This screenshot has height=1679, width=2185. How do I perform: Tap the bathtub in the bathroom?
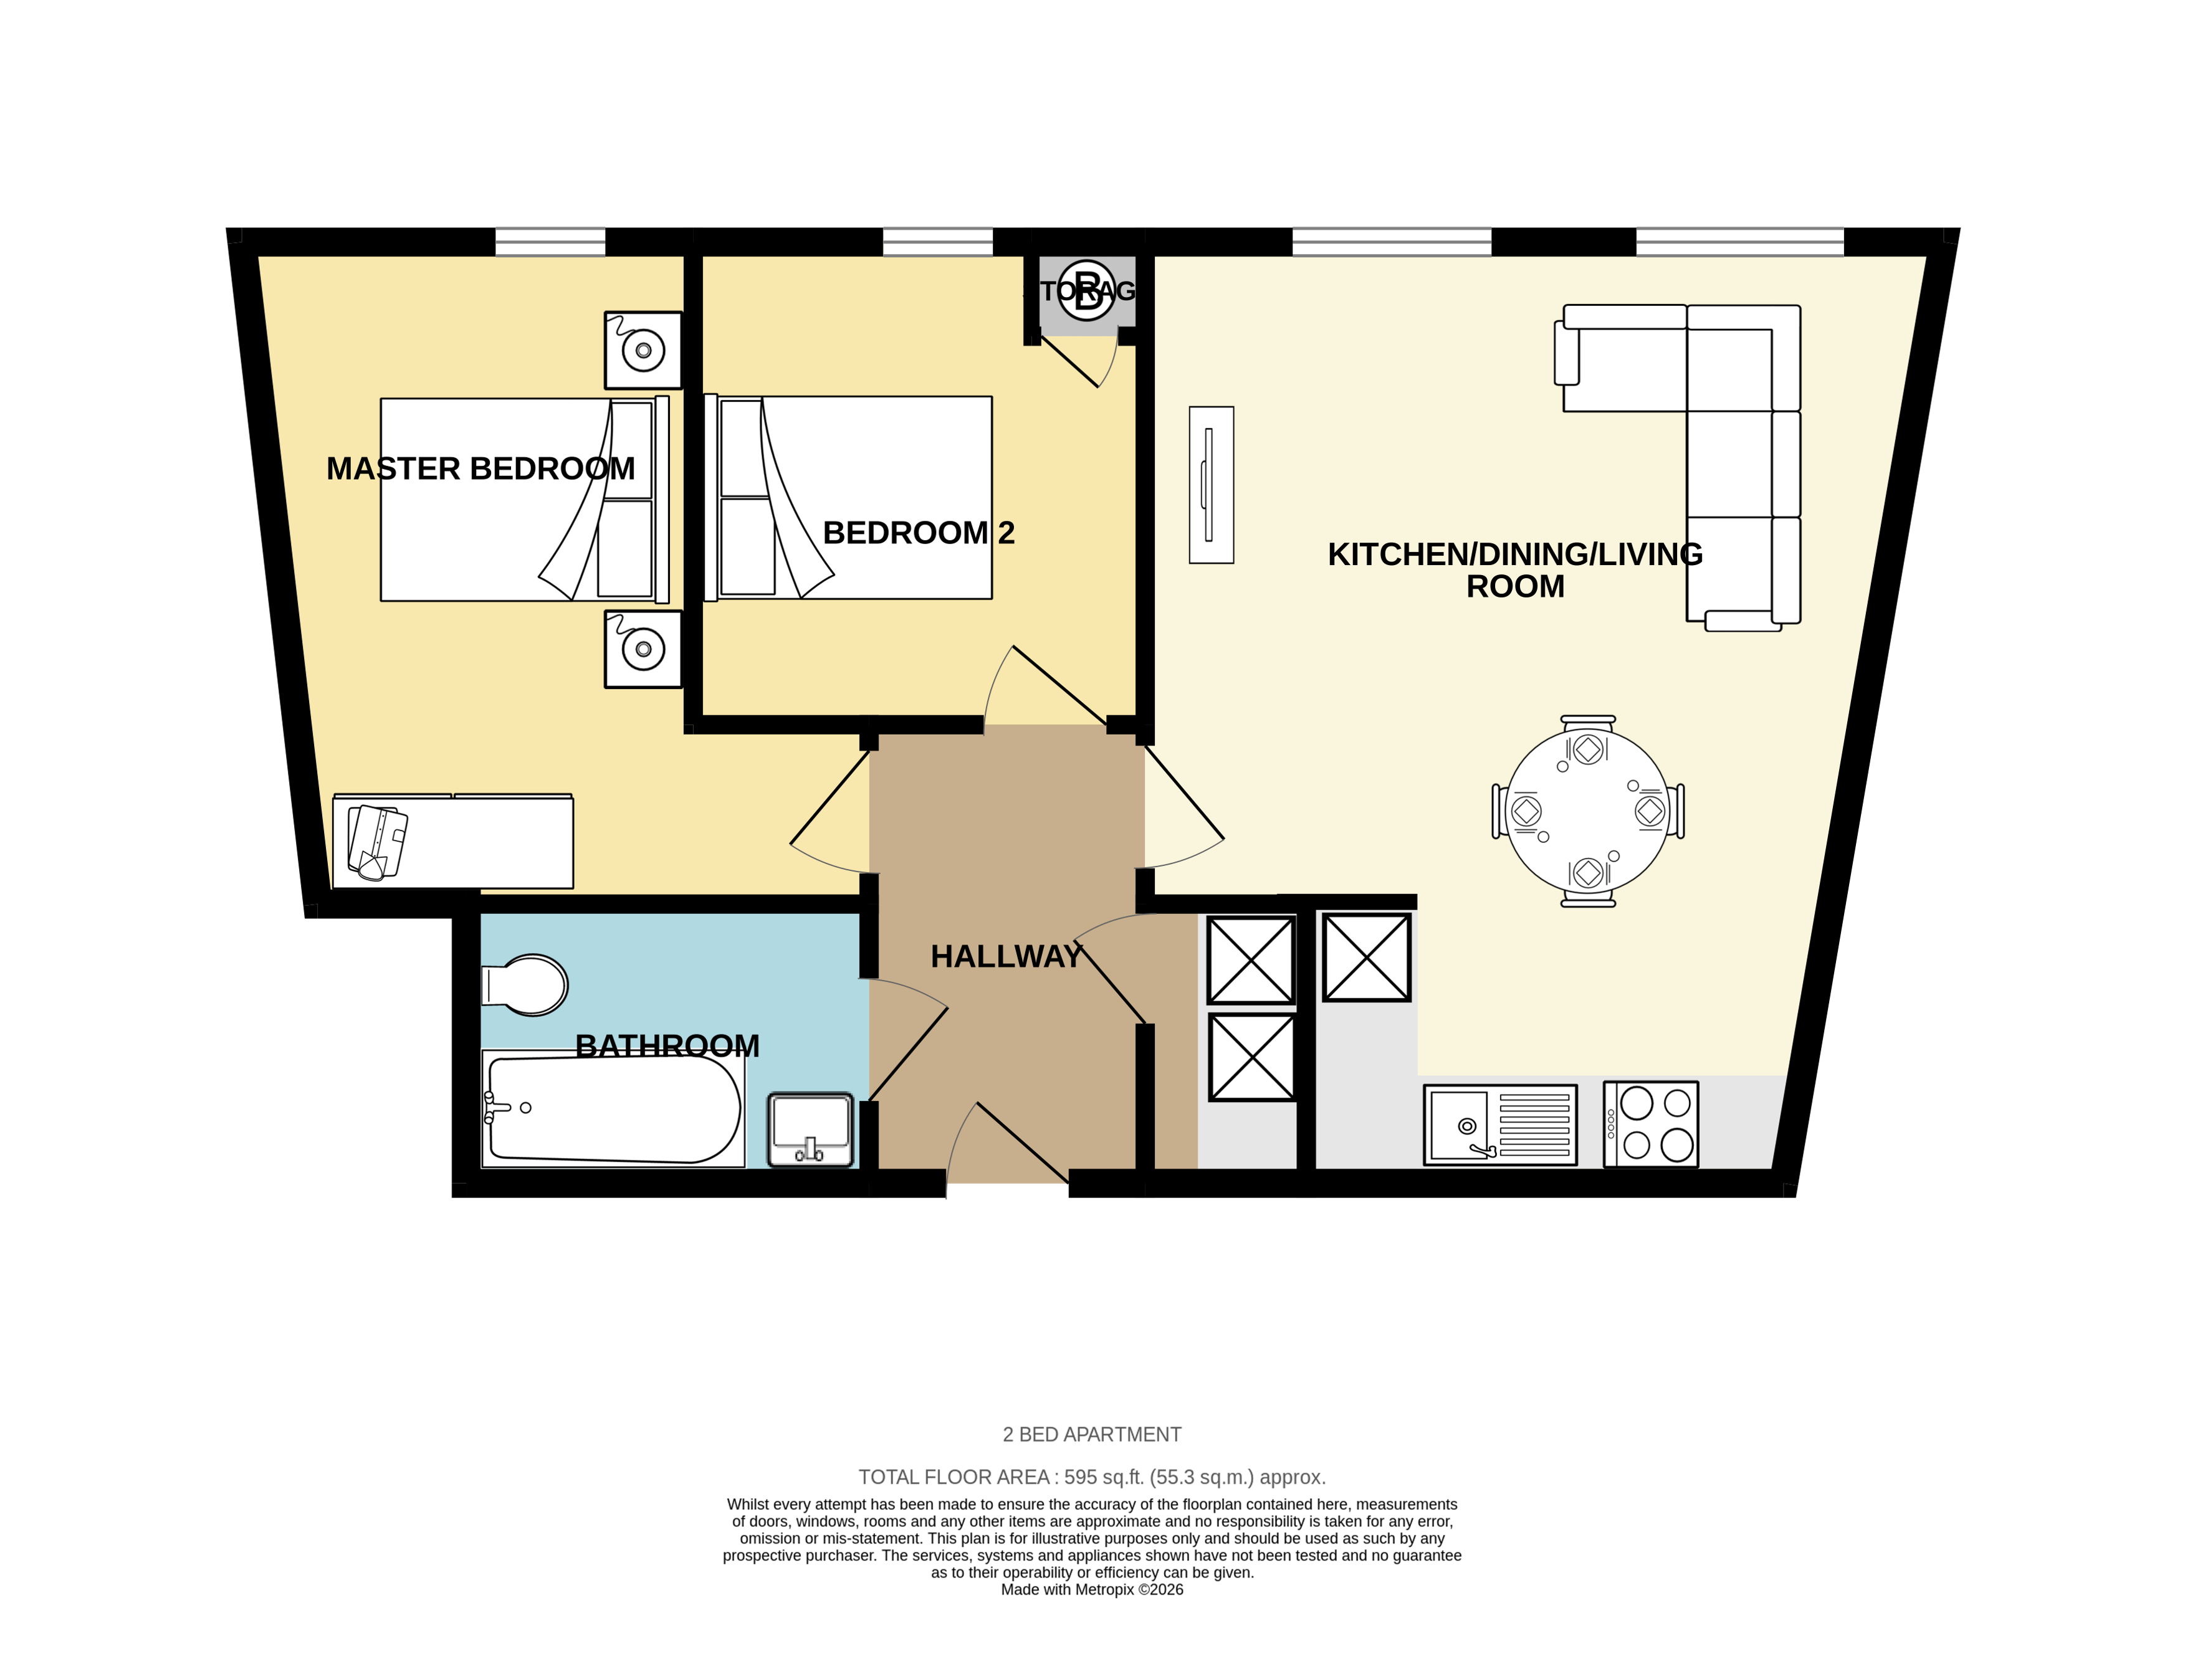pos(612,1110)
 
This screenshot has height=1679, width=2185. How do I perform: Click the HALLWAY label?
pos(1005,956)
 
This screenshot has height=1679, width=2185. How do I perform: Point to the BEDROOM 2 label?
pos(917,533)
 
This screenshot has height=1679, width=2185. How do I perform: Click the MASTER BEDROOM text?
pos(481,469)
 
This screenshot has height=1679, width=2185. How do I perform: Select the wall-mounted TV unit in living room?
pos(1210,485)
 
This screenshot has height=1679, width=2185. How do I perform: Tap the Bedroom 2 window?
pos(937,242)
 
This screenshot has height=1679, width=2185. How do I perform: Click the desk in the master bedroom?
pos(453,840)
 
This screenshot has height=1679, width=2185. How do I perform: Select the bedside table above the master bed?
pos(643,350)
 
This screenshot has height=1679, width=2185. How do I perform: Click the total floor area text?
pos(1091,1477)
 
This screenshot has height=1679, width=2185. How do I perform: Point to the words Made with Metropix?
pos(1091,1590)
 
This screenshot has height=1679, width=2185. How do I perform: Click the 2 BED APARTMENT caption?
pos(1091,1435)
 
